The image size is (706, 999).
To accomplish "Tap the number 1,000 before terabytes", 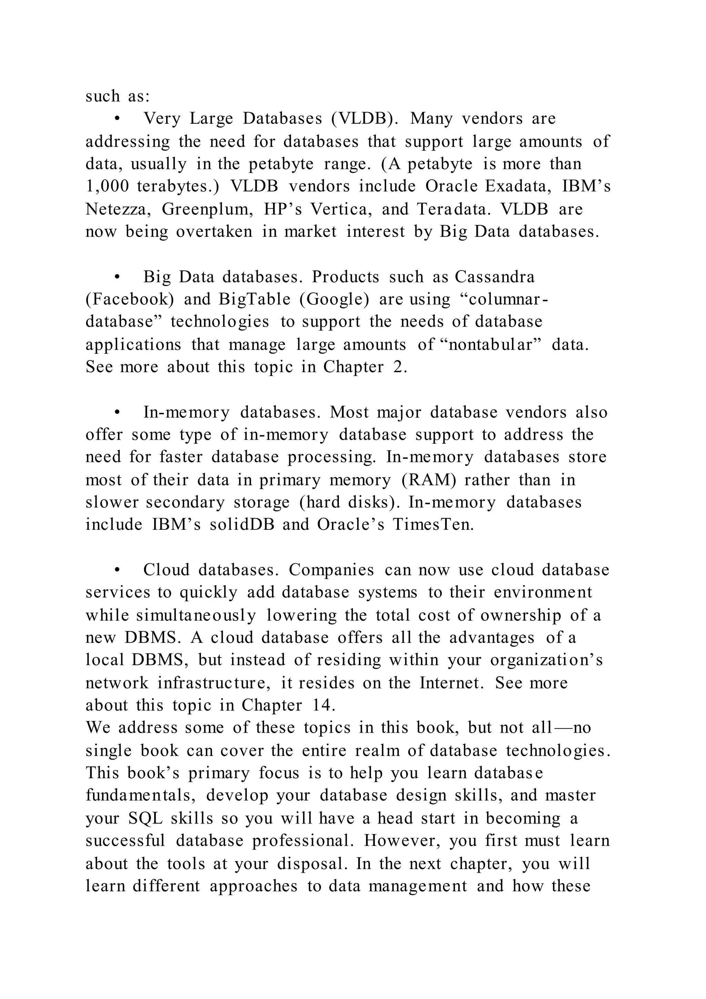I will point(107,186).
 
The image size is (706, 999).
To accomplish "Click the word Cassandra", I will point(495,277).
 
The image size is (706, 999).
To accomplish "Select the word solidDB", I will point(242,525).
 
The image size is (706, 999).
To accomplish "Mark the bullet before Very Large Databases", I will point(117,119).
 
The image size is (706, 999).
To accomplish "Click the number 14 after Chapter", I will point(323,705).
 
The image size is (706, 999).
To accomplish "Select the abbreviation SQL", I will point(145,819).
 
